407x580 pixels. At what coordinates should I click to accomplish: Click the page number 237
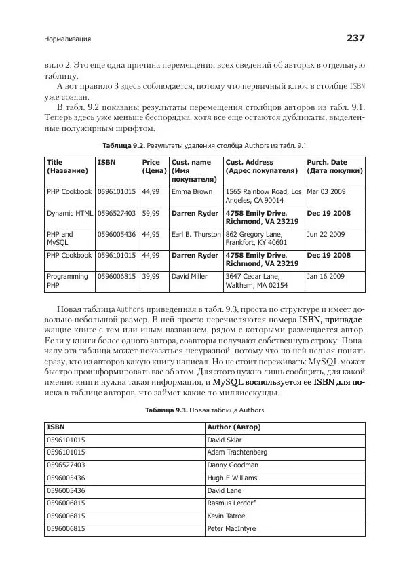[x=355, y=39]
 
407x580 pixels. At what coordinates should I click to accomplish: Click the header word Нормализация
[x=67, y=39]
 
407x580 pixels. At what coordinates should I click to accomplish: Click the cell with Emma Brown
[x=192, y=192]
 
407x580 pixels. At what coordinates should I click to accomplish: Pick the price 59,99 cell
[x=151, y=213]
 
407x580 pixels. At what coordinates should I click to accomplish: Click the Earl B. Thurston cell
[x=196, y=234]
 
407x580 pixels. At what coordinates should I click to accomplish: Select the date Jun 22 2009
[x=326, y=234]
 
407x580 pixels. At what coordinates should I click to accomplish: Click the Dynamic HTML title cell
[x=69, y=213]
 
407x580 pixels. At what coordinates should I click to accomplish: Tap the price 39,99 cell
[x=151, y=277]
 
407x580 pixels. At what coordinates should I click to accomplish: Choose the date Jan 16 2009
[x=326, y=277]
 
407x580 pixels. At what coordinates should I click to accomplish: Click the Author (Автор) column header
[x=233, y=427]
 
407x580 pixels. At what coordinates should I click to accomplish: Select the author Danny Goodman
[x=232, y=465]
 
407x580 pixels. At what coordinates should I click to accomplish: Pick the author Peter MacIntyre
[x=232, y=529]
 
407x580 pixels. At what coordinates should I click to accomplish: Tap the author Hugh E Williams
[x=232, y=478]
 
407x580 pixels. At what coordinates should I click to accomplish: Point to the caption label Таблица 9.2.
[x=124, y=145]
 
